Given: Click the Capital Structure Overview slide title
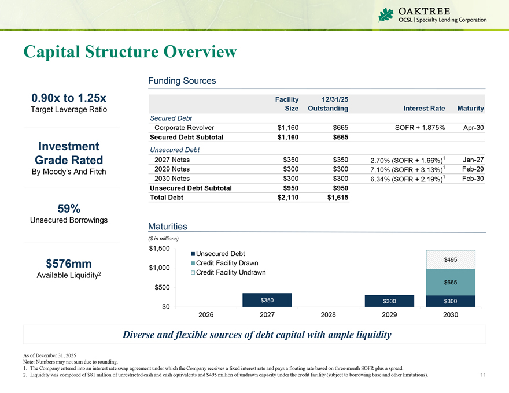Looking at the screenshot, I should click(130, 51).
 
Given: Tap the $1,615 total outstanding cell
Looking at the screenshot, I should click(335, 198).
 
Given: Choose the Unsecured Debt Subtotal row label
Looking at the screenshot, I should click(190, 188).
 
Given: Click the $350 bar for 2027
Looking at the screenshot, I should click(267, 300).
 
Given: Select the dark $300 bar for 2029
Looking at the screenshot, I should click(389, 301).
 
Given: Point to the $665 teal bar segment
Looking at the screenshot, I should click(450, 282).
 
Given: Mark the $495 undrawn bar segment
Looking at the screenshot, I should click(450, 259).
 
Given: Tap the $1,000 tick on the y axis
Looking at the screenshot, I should click(159, 268).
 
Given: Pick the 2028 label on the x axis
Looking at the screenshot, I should click(328, 315).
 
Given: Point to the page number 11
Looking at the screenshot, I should click(483, 375).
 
